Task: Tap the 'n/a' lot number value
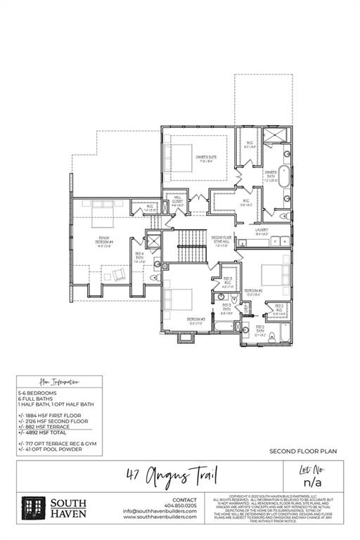[313, 483]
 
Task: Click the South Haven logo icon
[33, 508]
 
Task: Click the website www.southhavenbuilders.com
[160, 517]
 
